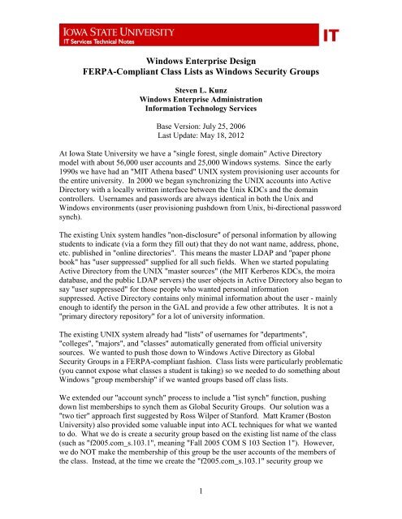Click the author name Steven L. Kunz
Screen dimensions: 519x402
[x=200, y=92]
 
